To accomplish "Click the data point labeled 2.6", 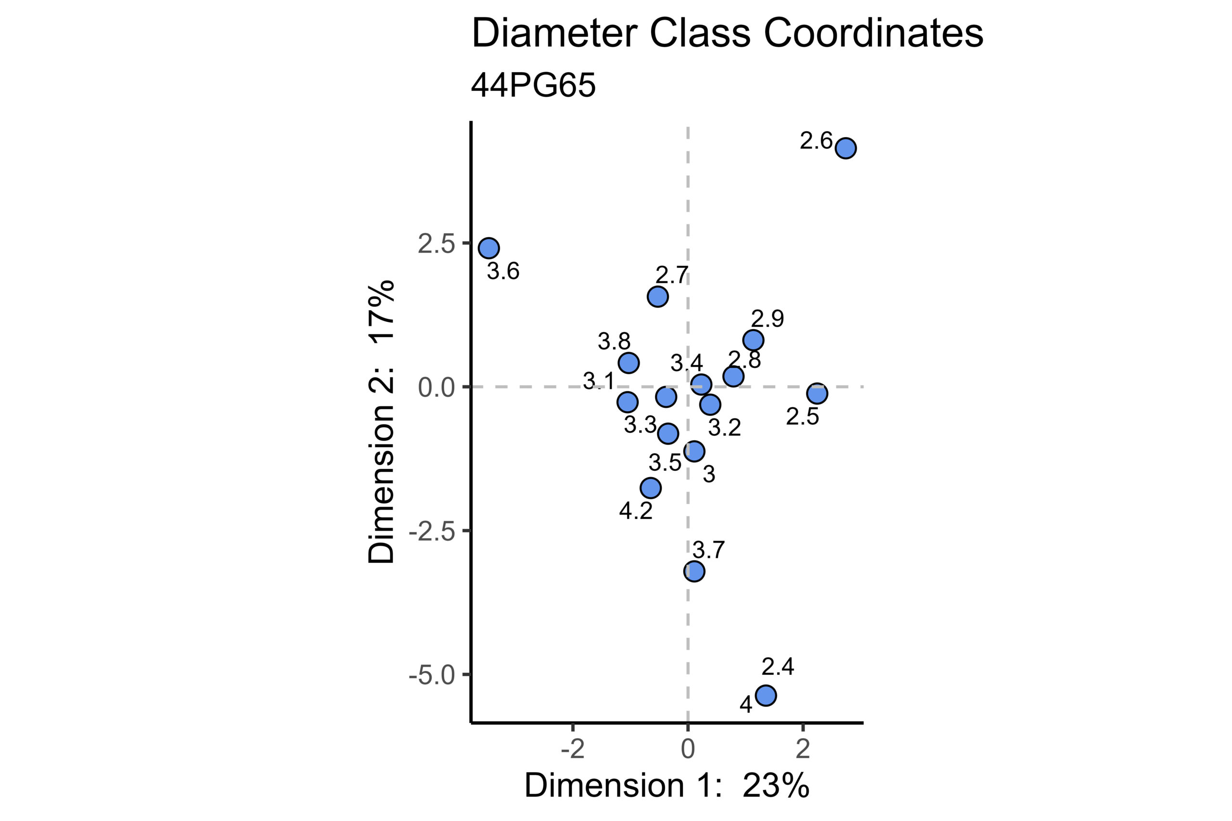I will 846,148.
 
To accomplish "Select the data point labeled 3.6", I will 489,248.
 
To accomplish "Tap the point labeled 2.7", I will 657,297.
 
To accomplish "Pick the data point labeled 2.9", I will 753,341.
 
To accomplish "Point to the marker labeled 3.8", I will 629,363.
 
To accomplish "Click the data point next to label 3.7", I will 694,571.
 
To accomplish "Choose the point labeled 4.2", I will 651,488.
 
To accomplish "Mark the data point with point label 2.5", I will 817,393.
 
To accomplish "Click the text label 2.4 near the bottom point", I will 778,667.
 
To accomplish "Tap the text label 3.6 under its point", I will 503,271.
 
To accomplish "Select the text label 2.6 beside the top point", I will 816,140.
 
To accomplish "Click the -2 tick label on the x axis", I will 573,750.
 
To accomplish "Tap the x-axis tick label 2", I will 802,750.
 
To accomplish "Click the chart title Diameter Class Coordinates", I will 727,34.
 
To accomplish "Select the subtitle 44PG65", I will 533,85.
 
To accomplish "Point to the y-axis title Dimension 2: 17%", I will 381,422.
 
